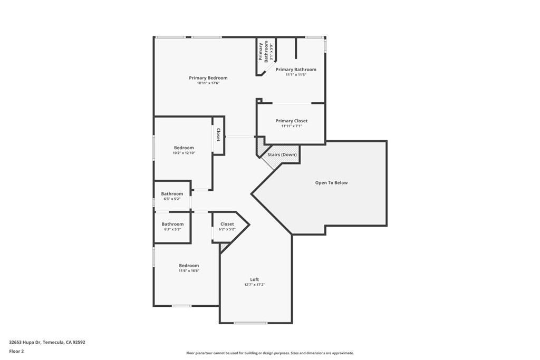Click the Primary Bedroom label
pyautogui.click(x=208, y=78)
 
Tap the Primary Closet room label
pyautogui.click(x=292, y=121)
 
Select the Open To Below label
pyautogui.click(x=331, y=183)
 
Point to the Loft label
pyautogui.click(x=254, y=279)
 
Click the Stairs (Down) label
pyautogui.click(x=282, y=154)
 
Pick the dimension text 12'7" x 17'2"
pyautogui.click(x=254, y=285)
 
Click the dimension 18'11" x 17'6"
pyautogui.click(x=208, y=83)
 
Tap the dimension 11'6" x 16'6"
pyautogui.click(x=189, y=271)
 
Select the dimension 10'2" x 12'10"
pyautogui.click(x=184, y=153)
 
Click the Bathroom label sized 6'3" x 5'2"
pyautogui.click(x=172, y=194)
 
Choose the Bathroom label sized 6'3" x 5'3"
pyautogui.click(x=172, y=224)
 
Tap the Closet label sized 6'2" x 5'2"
pyautogui.click(x=227, y=224)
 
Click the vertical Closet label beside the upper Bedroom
pyautogui.click(x=218, y=135)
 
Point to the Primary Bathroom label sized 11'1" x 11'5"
pyautogui.click(x=296, y=70)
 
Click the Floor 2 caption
pyautogui.click(x=17, y=351)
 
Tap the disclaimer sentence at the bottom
pyautogui.click(x=269, y=353)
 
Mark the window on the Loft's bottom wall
pyautogui.click(x=250, y=323)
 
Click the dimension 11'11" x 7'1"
pyautogui.click(x=292, y=127)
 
